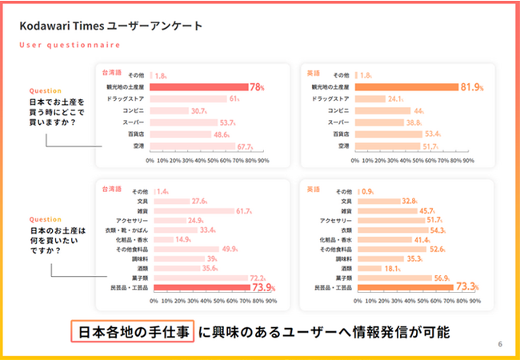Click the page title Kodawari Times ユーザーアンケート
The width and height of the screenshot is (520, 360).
(110, 26)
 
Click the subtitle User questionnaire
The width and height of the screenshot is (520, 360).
(65, 46)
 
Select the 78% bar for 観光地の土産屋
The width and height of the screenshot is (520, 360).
(199, 86)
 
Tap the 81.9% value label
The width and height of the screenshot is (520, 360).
(471, 86)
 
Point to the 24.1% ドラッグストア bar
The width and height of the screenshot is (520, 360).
(370, 98)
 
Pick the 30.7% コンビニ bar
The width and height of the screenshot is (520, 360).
(170, 110)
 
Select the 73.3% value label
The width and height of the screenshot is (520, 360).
(468, 287)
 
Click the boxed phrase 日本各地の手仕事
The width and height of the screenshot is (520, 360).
(132, 330)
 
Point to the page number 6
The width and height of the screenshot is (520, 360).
(500, 344)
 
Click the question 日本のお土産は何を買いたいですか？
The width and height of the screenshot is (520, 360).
(57, 241)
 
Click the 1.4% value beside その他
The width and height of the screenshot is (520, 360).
(162, 192)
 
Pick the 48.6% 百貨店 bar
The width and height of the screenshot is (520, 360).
(182, 134)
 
